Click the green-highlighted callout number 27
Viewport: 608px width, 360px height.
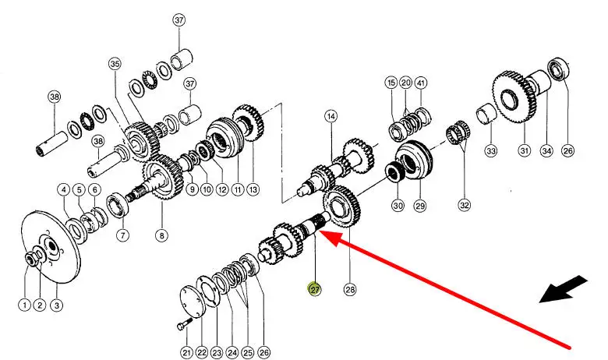[314, 289]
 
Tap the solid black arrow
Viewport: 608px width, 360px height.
[564, 289]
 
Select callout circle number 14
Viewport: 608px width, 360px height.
[331, 116]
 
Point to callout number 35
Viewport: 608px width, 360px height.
[115, 64]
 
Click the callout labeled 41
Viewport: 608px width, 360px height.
[421, 83]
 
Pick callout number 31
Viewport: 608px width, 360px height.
[525, 150]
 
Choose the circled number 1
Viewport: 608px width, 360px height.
[24, 305]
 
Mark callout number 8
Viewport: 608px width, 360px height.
[161, 235]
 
